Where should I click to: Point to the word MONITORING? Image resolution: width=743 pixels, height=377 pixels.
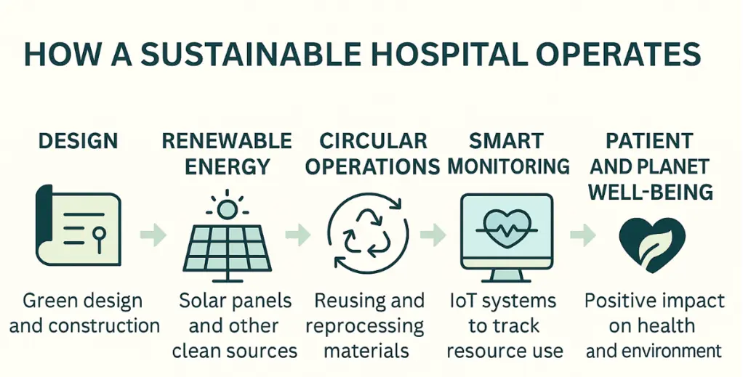pos(508,166)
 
